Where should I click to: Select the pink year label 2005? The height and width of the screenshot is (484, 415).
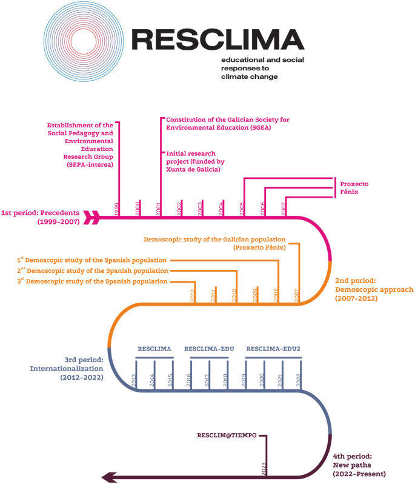point(242,208)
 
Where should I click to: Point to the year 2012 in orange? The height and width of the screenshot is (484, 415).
point(193,295)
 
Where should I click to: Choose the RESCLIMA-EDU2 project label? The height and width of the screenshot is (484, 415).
point(273,349)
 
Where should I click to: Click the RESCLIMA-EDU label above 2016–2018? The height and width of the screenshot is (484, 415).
point(210,349)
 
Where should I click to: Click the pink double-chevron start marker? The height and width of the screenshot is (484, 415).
point(92,217)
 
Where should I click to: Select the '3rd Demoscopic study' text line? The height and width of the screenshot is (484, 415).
point(92,281)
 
